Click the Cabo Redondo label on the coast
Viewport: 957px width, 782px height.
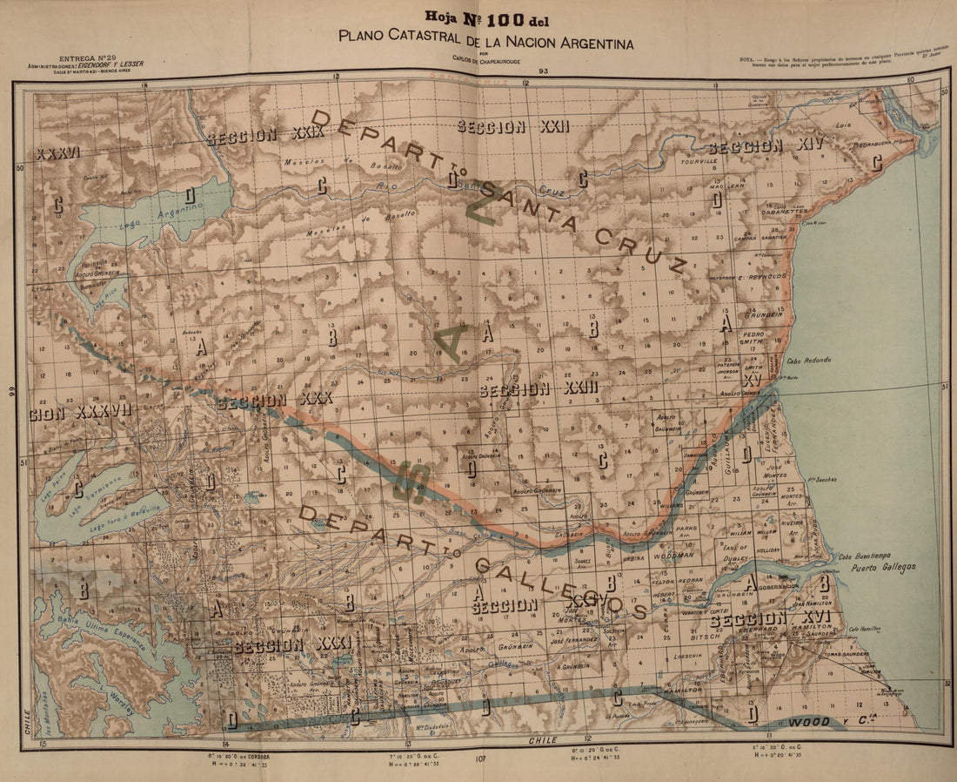[809, 360]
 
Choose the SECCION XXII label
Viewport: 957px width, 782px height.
[513, 127]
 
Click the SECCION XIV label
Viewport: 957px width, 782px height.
[757, 146]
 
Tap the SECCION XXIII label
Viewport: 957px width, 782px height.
[539, 389]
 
